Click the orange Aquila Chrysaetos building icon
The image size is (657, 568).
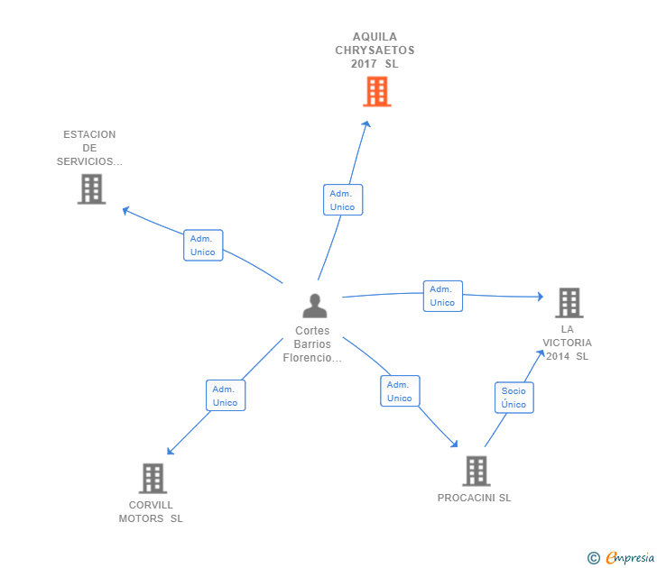coord(376,91)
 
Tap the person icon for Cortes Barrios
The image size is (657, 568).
coord(314,307)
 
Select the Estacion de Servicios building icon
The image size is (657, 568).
coord(91,189)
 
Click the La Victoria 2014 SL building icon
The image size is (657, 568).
coord(569,303)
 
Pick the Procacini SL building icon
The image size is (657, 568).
coord(476,471)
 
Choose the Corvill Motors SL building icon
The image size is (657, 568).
coord(153,478)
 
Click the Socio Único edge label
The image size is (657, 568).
coord(514,398)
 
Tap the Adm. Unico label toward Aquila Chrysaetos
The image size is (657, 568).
coord(343,200)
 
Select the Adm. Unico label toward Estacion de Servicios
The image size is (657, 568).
coord(203,245)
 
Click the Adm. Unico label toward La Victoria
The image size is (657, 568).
coord(442,296)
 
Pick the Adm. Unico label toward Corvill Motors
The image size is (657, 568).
coord(226,396)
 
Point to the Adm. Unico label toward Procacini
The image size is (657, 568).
coord(399,391)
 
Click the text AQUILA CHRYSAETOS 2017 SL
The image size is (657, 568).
coord(375,50)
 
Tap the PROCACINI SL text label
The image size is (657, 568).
coord(474,498)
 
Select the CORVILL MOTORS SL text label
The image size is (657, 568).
coord(151,511)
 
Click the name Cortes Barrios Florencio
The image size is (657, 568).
coord(312,344)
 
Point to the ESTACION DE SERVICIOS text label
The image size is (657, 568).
coord(89,148)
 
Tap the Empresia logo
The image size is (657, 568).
coord(630,557)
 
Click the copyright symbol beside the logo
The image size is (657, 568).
coord(594,558)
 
